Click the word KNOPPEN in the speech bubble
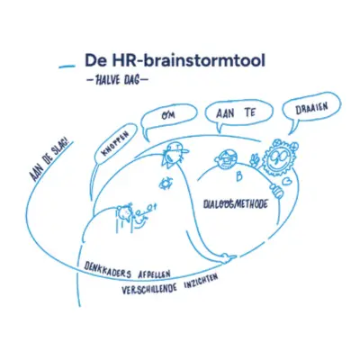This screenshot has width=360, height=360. [x=115, y=144]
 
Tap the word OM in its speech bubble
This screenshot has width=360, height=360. [x=168, y=116]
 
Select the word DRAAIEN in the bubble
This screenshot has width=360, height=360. [x=311, y=109]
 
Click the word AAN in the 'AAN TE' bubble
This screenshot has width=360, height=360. [x=225, y=114]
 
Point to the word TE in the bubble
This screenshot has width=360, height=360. [x=249, y=113]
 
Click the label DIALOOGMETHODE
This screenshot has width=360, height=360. [x=236, y=204]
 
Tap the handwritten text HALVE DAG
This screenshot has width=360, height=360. [x=117, y=80]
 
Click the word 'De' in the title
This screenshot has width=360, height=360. [x=94, y=60]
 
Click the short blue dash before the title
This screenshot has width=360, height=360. [x=67, y=67]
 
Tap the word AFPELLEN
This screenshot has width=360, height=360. [x=154, y=274]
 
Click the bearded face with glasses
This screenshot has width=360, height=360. [x=226, y=159]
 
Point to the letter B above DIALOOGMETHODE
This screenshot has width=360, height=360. [x=238, y=177]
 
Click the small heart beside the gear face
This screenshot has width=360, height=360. [x=287, y=182]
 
